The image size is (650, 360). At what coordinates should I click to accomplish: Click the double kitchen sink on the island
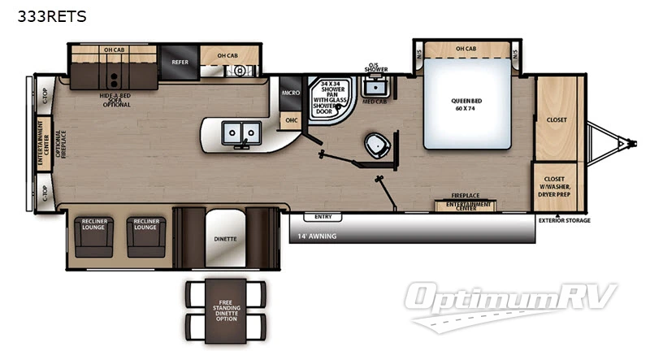(x=240, y=132)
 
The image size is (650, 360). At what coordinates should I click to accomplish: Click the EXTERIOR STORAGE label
(x=564, y=220)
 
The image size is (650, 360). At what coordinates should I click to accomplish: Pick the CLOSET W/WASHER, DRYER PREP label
(x=559, y=187)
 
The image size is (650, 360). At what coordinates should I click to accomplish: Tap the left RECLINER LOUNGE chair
(x=93, y=235)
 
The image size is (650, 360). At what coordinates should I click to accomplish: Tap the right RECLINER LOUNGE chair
(x=145, y=235)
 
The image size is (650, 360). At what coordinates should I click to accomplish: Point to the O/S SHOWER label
(x=375, y=67)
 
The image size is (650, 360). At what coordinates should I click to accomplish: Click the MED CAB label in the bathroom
(x=374, y=102)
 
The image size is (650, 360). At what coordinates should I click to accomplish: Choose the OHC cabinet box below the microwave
(x=291, y=120)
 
